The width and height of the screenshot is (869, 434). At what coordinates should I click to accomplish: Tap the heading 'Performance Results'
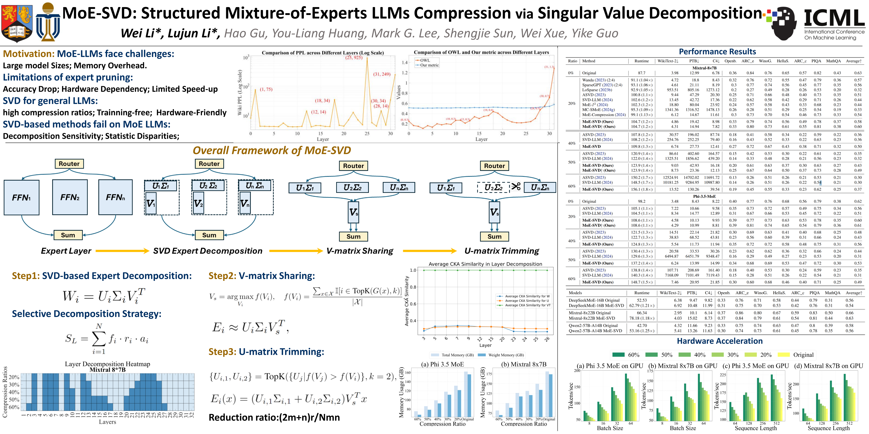click(x=717, y=52)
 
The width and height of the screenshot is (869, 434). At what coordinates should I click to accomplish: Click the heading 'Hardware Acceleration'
click(x=720, y=341)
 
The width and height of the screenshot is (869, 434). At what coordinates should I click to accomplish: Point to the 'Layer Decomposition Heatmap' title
click(x=107, y=364)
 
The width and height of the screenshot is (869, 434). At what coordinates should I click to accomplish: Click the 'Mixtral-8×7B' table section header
click(x=704, y=68)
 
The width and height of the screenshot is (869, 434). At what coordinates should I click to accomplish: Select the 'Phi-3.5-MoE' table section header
click(x=704, y=196)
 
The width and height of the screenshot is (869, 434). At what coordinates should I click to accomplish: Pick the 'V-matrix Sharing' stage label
click(x=360, y=251)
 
